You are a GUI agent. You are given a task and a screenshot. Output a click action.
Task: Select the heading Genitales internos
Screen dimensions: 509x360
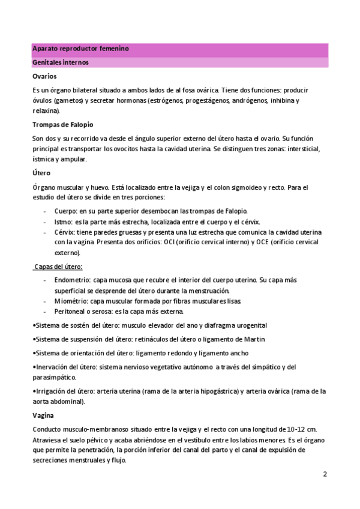click(60, 62)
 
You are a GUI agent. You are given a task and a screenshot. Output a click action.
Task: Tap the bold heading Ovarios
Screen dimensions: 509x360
click(45, 76)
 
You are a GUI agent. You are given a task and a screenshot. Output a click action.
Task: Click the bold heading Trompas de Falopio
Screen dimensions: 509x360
click(62, 125)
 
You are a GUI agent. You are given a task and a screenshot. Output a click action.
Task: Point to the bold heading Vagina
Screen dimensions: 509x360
click(43, 415)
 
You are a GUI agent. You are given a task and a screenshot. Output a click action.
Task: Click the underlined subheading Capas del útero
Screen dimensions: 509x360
click(58, 267)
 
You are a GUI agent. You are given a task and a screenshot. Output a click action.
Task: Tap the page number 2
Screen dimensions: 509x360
click(325, 474)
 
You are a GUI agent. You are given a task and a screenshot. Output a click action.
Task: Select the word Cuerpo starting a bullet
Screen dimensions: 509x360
click(65, 211)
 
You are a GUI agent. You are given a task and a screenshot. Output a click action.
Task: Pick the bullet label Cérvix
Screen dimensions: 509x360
click(65, 232)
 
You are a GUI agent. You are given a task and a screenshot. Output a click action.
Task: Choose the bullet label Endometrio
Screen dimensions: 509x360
click(72, 280)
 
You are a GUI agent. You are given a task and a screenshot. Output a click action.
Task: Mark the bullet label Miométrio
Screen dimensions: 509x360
click(71, 301)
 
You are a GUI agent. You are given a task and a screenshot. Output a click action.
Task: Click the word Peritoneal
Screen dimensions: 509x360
click(71, 312)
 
